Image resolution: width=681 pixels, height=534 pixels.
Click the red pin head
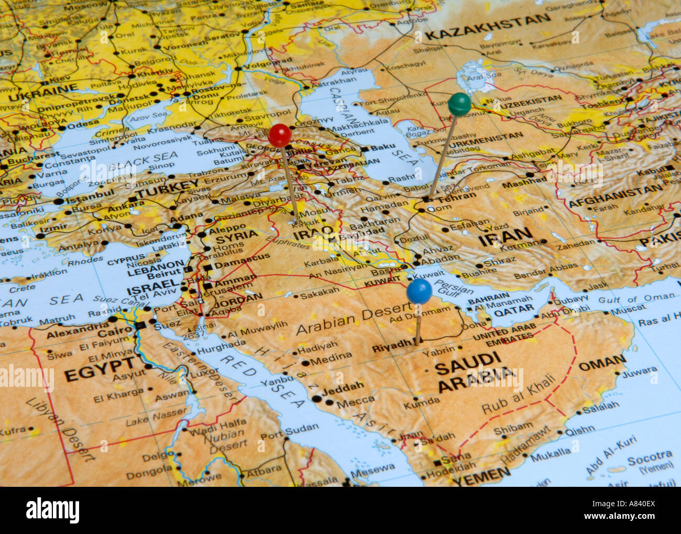tap(280, 135)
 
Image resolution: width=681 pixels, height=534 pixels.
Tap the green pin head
tap(459, 104)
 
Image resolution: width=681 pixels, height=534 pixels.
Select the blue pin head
tap(419, 292)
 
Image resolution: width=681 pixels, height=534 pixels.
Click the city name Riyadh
tap(392, 346)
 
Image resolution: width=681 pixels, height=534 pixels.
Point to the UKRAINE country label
tap(43, 95)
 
